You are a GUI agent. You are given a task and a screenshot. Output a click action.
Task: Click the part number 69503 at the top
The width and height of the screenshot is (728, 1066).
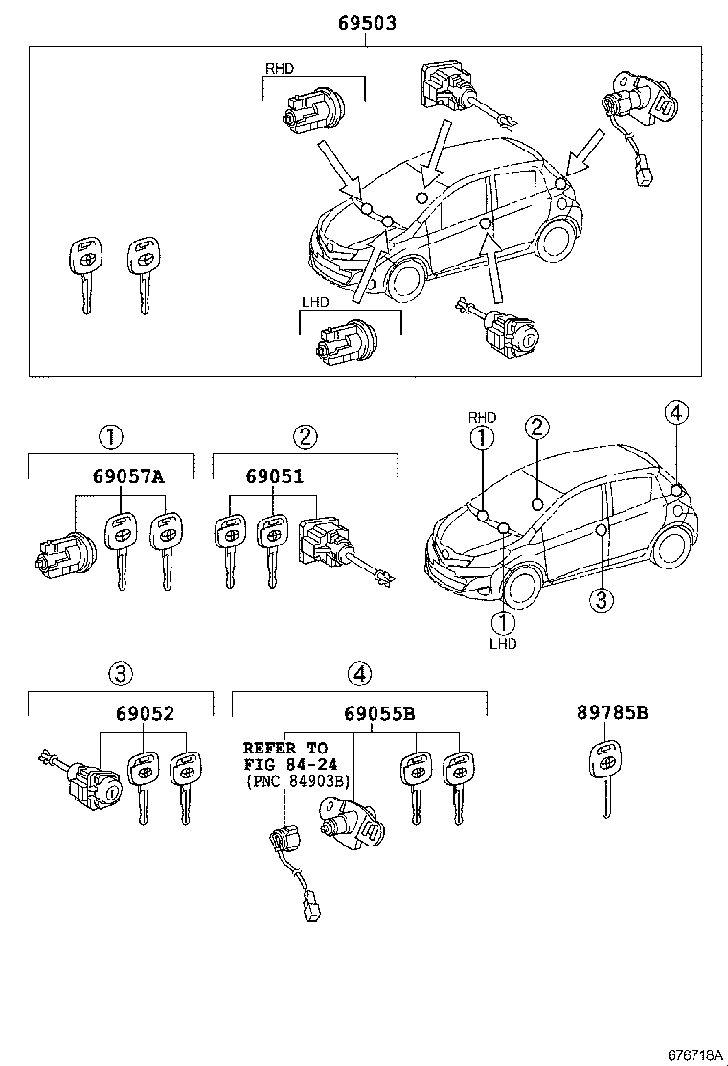[366, 24]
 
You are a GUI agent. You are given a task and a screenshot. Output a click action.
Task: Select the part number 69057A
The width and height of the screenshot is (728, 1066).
[128, 475]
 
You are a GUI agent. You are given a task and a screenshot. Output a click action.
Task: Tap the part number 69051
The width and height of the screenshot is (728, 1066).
[276, 475]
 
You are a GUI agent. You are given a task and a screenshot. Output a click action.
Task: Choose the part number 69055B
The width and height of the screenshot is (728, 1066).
[378, 714]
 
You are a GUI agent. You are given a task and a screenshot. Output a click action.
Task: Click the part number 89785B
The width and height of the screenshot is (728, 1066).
[612, 713]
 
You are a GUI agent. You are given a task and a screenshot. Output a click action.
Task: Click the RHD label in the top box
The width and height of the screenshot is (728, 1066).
[279, 68]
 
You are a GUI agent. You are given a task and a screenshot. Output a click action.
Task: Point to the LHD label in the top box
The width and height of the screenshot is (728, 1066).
[315, 302]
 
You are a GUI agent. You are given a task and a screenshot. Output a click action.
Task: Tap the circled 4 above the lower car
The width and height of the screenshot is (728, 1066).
[676, 413]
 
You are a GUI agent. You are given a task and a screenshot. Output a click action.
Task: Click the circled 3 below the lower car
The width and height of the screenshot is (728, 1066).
[600, 600]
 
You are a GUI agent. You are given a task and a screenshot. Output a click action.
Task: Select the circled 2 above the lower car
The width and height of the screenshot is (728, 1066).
[536, 427]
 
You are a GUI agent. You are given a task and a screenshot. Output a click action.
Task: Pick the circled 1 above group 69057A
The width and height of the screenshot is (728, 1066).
[110, 437]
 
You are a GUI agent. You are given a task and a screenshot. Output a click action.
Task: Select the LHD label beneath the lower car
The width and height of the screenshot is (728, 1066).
[503, 643]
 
